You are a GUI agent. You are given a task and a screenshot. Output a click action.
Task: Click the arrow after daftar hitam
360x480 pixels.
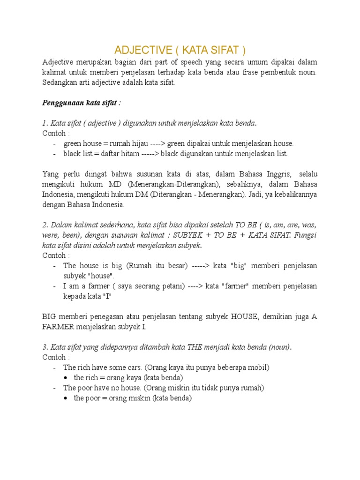pos(162,153)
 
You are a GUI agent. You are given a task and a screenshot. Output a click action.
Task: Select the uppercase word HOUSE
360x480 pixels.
pos(245,316)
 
